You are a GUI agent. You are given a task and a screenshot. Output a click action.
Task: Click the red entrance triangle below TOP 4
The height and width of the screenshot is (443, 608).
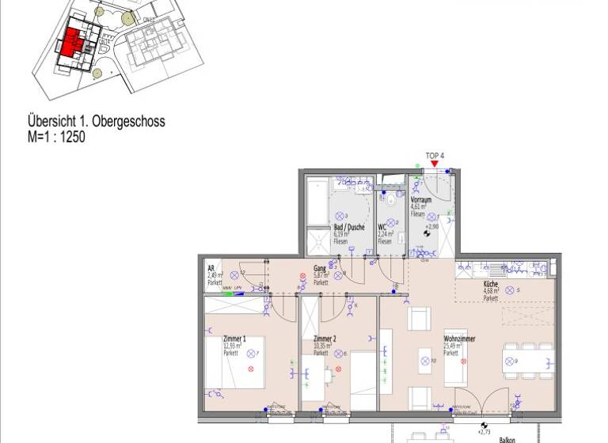(x=434, y=164)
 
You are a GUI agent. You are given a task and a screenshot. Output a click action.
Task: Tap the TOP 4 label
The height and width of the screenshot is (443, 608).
(x=434, y=155)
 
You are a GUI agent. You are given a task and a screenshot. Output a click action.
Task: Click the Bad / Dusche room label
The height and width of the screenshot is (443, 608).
(x=348, y=227)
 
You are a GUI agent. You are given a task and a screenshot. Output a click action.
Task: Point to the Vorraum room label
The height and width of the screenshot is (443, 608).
(x=420, y=200)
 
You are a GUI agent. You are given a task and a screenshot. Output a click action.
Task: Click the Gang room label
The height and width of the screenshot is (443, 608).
(x=320, y=268)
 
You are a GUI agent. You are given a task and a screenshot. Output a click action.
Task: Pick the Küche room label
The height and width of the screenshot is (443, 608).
(x=491, y=283)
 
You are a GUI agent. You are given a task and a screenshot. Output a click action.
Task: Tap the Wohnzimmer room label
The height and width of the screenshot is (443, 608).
(x=459, y=339)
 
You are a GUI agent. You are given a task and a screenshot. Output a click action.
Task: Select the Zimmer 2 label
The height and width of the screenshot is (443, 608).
(x=325, y=339)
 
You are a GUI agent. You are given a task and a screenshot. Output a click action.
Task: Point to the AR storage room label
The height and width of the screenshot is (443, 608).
(x=211, y=268)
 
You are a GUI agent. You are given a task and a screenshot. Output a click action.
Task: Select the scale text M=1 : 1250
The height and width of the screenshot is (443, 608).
(x=55, y=137)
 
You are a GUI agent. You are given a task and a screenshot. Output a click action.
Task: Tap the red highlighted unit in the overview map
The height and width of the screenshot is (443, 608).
(x=72, y=41)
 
